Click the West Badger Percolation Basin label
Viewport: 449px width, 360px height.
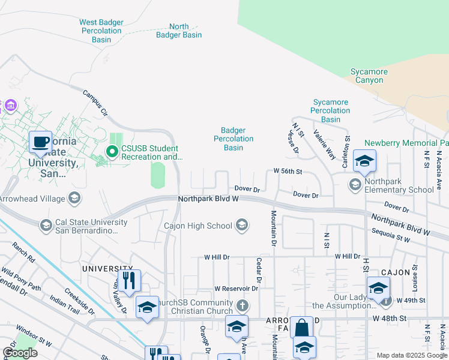click(x=101, y=31)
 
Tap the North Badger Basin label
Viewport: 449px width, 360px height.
click(x=179, y=31)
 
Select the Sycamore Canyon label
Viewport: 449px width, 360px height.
click(x=369, y=76)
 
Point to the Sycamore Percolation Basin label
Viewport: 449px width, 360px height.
click(x=330, y=110)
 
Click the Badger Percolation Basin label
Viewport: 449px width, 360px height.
click(x=234, y=139)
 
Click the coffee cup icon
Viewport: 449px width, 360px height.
click(x=41, y=143)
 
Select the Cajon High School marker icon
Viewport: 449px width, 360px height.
click(x=242, y=226)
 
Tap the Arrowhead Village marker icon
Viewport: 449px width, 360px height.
click(x=74, y=197)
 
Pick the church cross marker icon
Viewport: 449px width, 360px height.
click(x=242, y=306)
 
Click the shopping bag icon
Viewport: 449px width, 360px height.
click(x=301, y=328)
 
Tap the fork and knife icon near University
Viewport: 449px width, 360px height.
click(x=128, y=280)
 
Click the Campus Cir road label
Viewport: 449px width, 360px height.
click(x=95, y=103)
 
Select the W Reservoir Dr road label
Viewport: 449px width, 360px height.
click(x=235, y=289)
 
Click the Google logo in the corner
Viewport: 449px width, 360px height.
click(x=20, y=353)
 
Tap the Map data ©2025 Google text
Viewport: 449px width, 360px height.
click(x=411, y=355)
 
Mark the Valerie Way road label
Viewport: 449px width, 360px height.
click(x=324, y=146)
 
